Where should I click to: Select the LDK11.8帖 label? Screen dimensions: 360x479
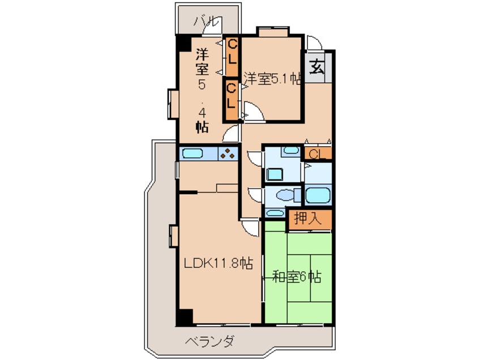coord(218,263)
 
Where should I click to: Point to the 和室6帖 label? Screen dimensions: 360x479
coord(297,277)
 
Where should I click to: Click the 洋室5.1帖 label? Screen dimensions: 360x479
coord(272,78)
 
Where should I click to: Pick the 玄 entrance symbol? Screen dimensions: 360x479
coord(317,68)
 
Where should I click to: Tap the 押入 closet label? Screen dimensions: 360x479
coord(308,219)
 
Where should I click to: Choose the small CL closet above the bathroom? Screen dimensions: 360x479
coord(317,153)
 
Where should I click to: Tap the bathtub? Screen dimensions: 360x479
coord(317,196)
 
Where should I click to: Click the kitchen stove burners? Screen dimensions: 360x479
coord(228,153)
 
